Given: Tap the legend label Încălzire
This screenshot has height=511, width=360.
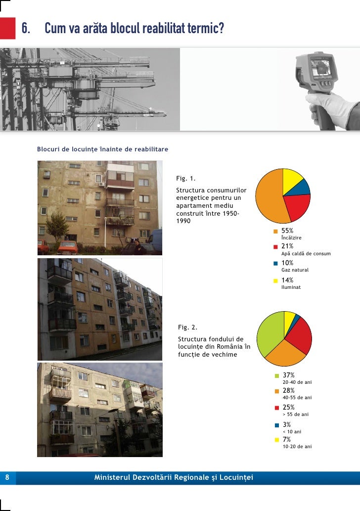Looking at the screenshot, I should pos(291,238).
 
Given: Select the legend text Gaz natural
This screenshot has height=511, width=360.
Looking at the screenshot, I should pos(295,270).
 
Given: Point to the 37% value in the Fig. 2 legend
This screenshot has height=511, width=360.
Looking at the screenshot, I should pos(288,375).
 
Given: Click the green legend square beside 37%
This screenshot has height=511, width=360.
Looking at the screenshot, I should pos(276,376).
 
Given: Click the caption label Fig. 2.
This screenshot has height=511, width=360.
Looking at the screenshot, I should pos(187,327).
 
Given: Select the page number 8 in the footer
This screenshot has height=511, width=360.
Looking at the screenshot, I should pos(7,477).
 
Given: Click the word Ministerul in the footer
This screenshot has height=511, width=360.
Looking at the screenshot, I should pos(111,477).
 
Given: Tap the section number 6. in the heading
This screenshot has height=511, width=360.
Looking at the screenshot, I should pos(28,30).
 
